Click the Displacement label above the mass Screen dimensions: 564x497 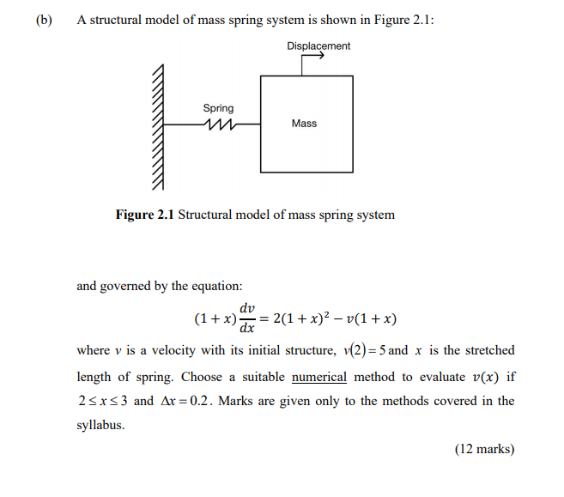tap(318, 45)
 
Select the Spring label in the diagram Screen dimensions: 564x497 tap(218, 108)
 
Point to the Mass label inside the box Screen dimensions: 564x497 tap(304, 124)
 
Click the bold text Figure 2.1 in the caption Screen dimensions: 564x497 tap(145, 215)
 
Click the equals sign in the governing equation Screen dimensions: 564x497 tap(265, 318)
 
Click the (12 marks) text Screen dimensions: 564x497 tap(484, 448)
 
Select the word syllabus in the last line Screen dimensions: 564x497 tap(100, 425)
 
